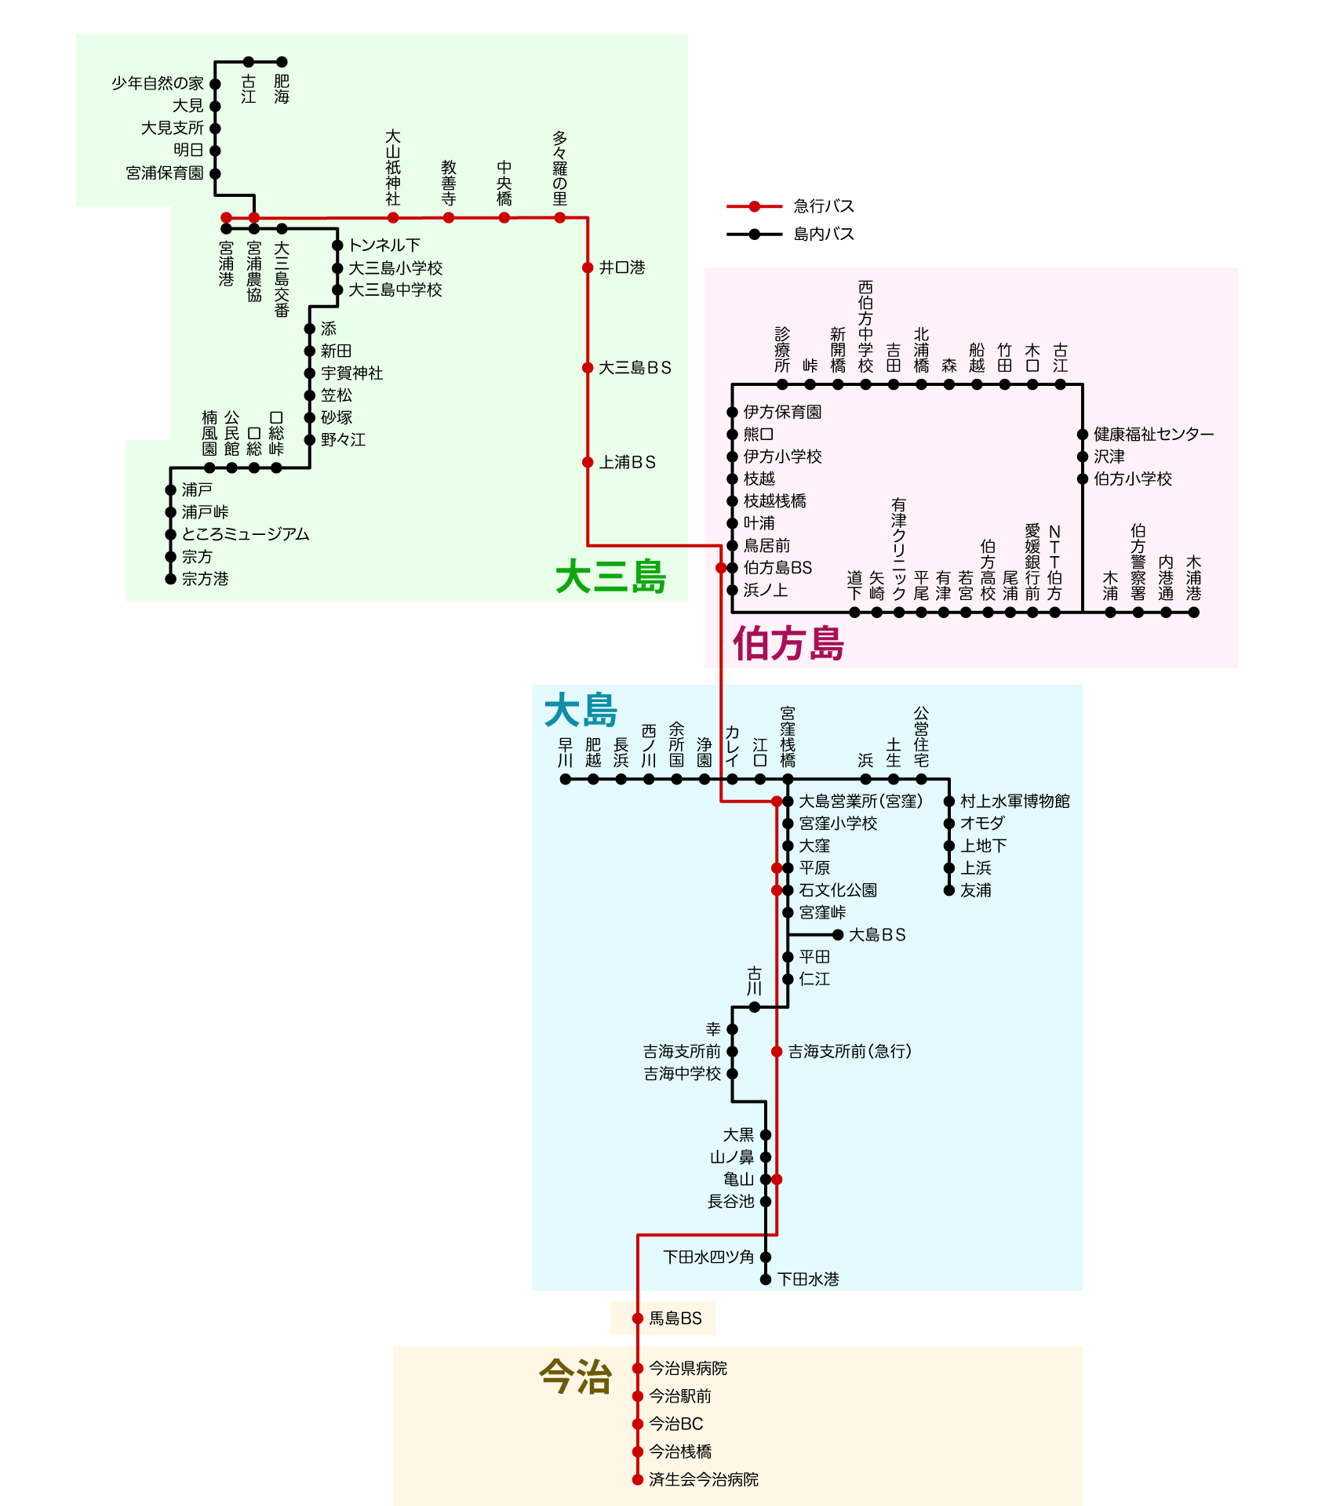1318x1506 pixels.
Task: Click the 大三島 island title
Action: point(610,577)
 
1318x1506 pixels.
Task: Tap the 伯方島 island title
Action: point(788,644)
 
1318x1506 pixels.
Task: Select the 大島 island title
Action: point(581,711)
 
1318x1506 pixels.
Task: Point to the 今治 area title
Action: point(575,1377)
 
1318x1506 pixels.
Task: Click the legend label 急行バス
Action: point(823,206)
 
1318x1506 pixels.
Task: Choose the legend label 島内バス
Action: point(823,234)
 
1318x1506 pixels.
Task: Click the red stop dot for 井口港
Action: point(588,267)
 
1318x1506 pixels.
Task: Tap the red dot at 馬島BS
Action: point(638,1319)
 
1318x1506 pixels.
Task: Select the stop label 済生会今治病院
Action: point(703,1479)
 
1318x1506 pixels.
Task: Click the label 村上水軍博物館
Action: point(1014,801)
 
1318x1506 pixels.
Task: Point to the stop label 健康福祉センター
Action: point(1153,434)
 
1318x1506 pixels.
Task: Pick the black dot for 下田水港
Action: point(766,1279)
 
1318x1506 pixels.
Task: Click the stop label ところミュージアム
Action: point(245,534)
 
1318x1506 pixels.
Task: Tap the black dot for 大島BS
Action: point(838,935)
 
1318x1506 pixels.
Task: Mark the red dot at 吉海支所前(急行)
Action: point(777,1051)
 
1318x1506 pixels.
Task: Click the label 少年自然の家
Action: point(157,83)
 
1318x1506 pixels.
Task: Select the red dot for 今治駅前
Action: point(638,1396)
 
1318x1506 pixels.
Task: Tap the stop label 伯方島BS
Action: point(777,568)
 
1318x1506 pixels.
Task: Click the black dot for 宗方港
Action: point(170,579)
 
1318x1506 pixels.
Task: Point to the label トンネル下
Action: point(384,246)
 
